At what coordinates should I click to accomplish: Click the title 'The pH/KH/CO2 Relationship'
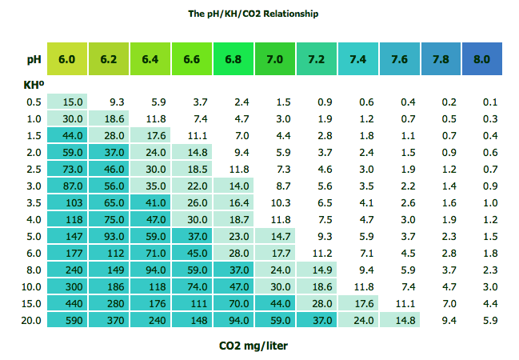click(x=253, y=14)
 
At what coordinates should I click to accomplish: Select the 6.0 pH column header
click(x=67, y=59)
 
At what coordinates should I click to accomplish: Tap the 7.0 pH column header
click(x=274, y=59)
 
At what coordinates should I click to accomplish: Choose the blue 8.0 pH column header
click(x=481, y=59)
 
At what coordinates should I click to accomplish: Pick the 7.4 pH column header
click(x=357, y=59)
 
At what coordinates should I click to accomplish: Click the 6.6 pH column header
click(x=191, y=59)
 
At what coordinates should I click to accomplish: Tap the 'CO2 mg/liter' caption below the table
click(x=253, y=346)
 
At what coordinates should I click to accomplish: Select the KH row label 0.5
click(x=34, y=102)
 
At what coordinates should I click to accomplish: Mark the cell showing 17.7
click(x=274, y=253)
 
